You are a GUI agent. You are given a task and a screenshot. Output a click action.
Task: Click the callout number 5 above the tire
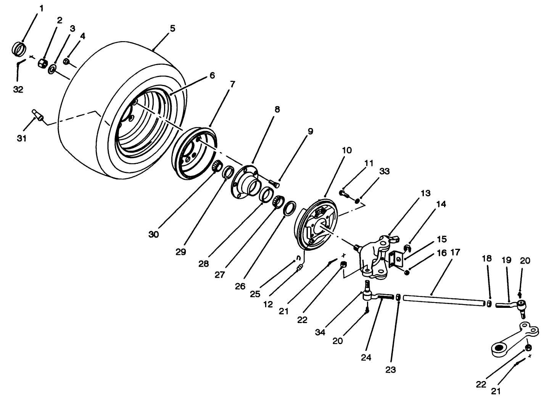click(172, 29)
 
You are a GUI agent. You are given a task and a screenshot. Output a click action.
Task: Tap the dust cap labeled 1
click(20, 49)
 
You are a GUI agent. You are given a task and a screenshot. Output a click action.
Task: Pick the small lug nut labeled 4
click(66, 61)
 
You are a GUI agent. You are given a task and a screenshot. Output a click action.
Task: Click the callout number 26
click(240, 287)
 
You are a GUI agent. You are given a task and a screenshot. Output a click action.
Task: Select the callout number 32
click(18, 90)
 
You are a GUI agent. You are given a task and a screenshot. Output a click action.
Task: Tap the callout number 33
click(384, 171)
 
